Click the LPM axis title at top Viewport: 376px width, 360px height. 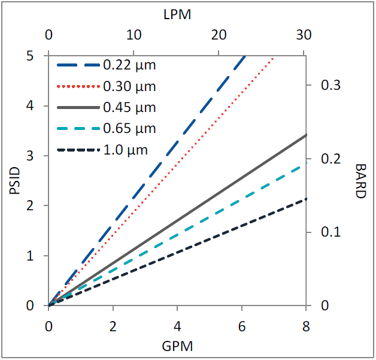click(x=177, y=16)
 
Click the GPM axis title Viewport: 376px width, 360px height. click(x=177, y=346)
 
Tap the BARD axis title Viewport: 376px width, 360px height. click(x=360, y=181)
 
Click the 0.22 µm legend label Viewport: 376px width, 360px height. click(x=129, y=65)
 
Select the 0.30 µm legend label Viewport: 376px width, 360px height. click(x=129, y=86)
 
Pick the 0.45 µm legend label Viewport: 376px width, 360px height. click(x=129, y=108)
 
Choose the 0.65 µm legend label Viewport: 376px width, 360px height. click(x=129, y=129)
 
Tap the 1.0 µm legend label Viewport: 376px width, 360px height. click(x=125, y=150)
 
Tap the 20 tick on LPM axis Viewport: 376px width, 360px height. click(x=220, y=35)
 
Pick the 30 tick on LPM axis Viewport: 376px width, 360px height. click(x=305, y=35)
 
